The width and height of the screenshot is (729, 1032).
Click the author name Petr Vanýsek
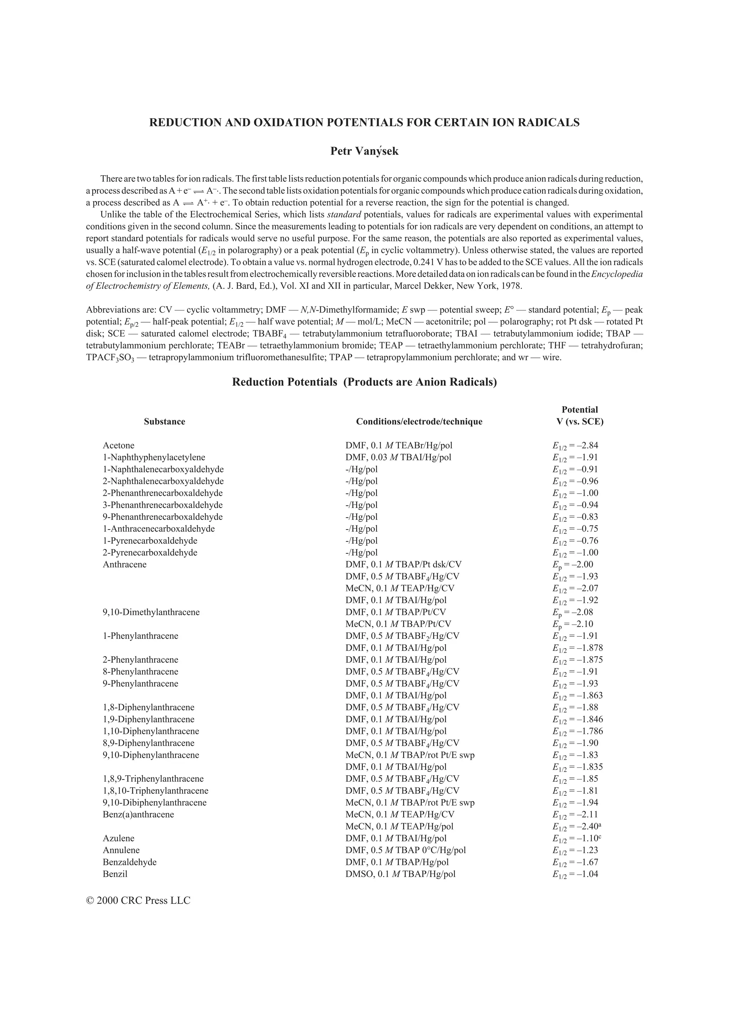(364, 151)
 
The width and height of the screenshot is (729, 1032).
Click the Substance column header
(164, 422)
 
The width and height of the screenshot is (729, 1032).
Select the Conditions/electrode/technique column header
(419, 422)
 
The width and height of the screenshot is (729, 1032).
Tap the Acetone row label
(119, 445)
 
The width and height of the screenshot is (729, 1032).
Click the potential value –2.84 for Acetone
(575, 446)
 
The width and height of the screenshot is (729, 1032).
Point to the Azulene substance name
(119, 838)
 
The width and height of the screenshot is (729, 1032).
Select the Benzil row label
(115, 874)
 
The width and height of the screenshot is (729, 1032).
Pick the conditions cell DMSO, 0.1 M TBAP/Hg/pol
(400, 874)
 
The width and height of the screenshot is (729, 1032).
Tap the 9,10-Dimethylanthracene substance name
(151, 612)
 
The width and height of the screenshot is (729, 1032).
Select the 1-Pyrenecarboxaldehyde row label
(150, 541)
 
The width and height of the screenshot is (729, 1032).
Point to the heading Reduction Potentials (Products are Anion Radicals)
(364, 382)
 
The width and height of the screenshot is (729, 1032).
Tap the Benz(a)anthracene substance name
(138, 814)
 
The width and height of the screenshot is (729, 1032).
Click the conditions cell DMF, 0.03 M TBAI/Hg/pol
(398, 458)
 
